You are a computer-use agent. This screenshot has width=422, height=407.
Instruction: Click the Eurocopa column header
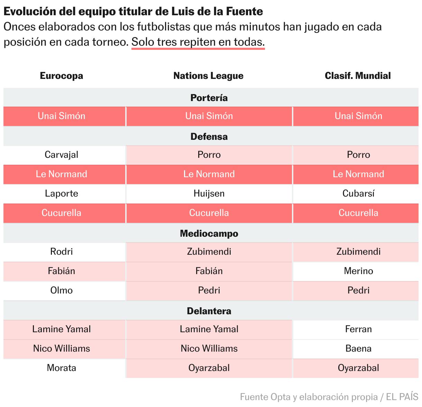tap(62, 76)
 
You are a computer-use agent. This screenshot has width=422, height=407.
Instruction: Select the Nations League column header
tap(209, 76)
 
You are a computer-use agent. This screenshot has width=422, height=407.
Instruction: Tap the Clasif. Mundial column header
tap(358, 76)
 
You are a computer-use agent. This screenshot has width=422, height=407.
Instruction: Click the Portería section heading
tap(209, 98)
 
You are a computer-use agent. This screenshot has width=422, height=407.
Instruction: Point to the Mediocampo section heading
tap(209, 234)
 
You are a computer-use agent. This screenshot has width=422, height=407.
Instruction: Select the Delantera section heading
tap(209, 311)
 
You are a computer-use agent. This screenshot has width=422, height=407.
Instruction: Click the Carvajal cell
tap(62, 155)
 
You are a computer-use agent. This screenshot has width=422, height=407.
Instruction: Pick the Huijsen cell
tap(209, 193)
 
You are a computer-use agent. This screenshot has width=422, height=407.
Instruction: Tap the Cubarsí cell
tap(358, 193)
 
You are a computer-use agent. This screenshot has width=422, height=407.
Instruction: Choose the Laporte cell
tap(62, 193)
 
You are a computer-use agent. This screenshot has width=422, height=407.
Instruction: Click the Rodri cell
tap(62, 252)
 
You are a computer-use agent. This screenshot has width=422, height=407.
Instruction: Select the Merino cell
tap(358, 271)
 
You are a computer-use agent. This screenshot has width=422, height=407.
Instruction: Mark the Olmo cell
tap(62, 290)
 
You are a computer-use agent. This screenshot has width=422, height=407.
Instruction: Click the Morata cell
tap(62, 368)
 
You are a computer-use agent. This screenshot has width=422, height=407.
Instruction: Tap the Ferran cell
tap(358, 329)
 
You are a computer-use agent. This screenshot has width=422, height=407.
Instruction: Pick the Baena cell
tap(358, 349)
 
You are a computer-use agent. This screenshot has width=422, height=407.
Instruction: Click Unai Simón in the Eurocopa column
tap(62, 116)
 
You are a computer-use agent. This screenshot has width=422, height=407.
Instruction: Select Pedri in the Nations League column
tap(209, 290)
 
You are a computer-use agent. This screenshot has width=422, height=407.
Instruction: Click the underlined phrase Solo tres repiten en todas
tap(198, 42)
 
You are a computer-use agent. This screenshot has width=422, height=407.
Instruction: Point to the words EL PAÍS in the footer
tap(402, 397)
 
